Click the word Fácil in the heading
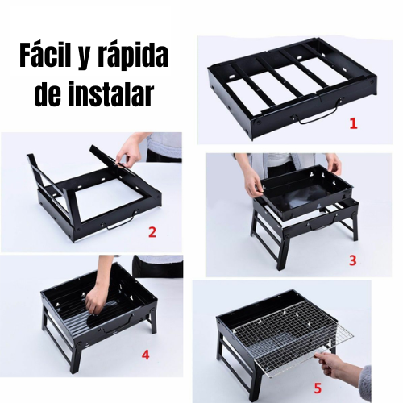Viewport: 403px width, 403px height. [43, 56]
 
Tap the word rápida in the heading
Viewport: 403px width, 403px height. [134, 56]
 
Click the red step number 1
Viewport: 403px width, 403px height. [354, 123]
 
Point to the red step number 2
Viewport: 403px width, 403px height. [152, 232]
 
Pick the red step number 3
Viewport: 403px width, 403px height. [352, 260]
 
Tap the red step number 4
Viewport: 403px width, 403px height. [145, 355]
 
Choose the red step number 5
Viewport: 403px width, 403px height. [318, 388]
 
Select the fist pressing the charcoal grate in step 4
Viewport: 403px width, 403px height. [93, 305]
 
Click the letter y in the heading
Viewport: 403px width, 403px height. [83, 60]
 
